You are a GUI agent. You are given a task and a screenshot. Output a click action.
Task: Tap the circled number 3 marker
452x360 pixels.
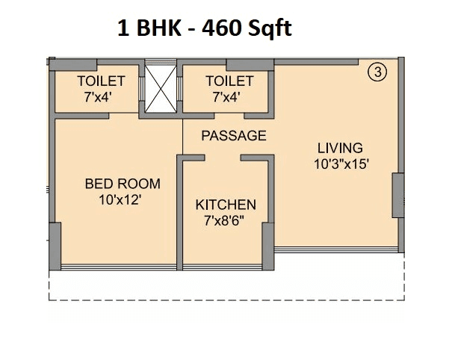379,72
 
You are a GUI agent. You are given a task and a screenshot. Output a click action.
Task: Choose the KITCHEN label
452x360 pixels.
226,205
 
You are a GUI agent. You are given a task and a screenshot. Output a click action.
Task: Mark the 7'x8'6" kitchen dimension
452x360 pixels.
226,220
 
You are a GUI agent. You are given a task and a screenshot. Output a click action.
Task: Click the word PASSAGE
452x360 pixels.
234,136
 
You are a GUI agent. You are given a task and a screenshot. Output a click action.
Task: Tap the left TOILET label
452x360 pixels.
102,81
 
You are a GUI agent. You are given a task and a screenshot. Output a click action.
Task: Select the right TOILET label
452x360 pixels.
229,81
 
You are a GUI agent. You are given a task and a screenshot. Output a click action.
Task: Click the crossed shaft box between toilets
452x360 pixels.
160,88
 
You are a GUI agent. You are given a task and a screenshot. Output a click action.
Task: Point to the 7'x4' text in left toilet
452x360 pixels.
102,96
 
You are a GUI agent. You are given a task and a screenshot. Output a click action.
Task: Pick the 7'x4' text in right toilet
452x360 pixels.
229,96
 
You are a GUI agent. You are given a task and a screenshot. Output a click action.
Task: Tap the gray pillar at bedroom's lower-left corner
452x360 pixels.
54,246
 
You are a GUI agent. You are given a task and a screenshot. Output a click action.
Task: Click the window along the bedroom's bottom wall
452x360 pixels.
117,267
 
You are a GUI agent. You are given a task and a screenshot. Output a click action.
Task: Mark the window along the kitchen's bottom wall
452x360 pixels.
226,267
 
